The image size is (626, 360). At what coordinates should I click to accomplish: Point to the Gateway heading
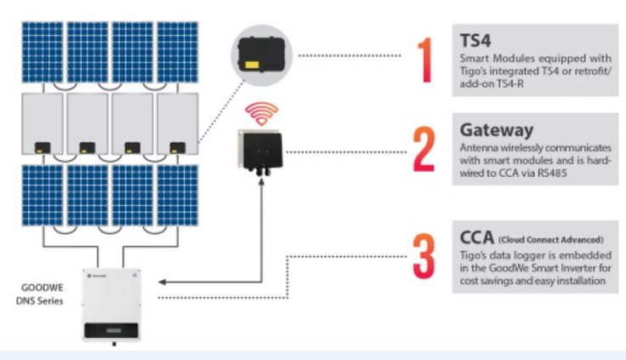(x=496, y=130)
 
